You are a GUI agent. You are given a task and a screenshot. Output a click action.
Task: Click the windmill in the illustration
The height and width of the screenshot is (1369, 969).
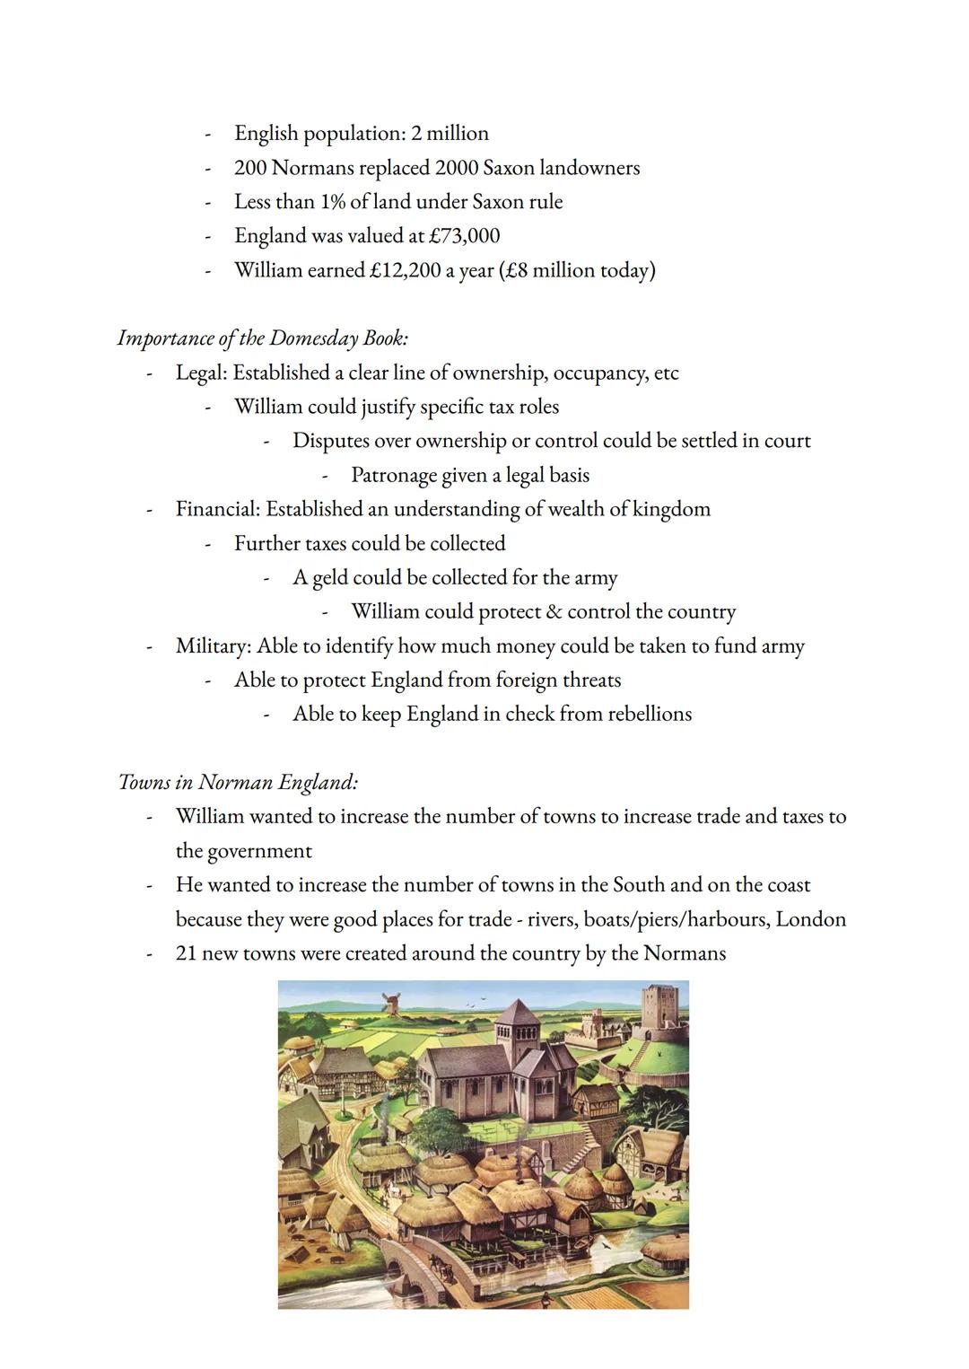pyautogui.click(x=392, y=1003)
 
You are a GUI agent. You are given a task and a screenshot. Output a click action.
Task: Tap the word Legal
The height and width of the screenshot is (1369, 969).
pyautogui.click(x=200, y=373)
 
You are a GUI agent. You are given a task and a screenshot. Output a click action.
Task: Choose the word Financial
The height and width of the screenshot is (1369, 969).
pyautogui.click(x=217, y=509)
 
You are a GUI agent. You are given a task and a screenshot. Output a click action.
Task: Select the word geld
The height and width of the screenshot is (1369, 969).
pyautogui.click(x=329, y=578)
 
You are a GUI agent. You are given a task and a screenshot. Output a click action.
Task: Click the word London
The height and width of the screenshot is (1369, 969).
pyautogui.click(x=811, y=919)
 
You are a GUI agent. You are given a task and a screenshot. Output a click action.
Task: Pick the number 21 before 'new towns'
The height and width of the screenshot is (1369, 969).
pyautogui.click(x=186, y=953)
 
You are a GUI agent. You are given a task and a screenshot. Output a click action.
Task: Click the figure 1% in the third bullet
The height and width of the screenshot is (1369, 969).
pyautogui.click(x=333, y=202)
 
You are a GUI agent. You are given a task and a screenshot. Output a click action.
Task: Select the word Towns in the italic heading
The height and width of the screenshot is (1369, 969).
pyautogui.click(x=144, y=783)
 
